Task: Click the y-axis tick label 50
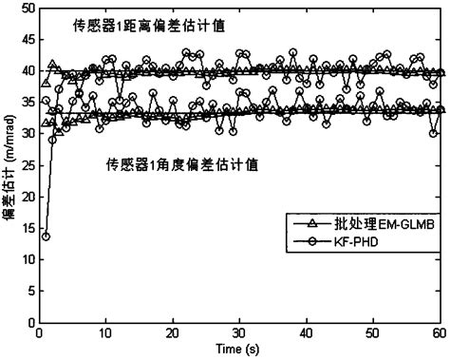pos(22,9)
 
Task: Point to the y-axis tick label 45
pos(22,40)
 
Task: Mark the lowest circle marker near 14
pos(46,236)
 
